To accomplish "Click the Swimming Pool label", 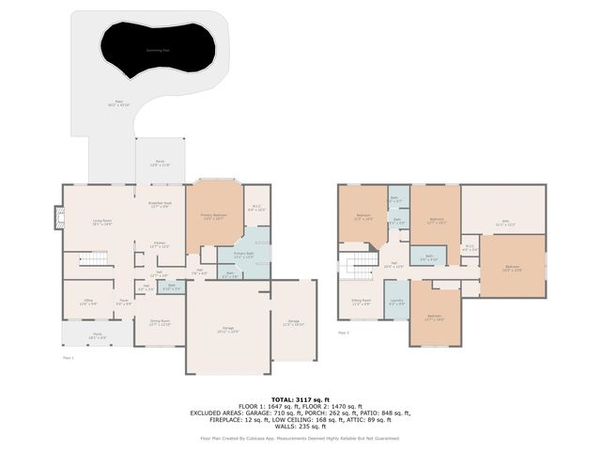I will pyautogui.click(x=157, y=49).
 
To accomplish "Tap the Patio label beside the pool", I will pyautogui.click(x=119, y=102).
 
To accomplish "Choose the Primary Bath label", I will pyautogui.click(x=243, y=255).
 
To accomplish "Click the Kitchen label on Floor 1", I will pyautogui.click(x=161, y=244).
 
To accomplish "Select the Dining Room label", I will pyautogui.click(x=160, y=322).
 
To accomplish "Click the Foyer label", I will pyautogui.click(x=123, y=303).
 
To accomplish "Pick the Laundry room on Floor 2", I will pyautogui.click(x=396, y=303).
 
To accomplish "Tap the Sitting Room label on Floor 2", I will pyautogui.click(x=361, y=303).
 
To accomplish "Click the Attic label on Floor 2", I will pyautogui.click(x=504, y=224).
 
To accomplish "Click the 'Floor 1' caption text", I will pyautogui.click(x=67, y=358).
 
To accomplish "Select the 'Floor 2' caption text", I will pyautogui.click(x=343, y=332).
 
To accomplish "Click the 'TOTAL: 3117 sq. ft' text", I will pyautogui.click(x=300, y=397).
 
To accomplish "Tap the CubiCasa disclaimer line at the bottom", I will pyautogui.click(x=300, y=438).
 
